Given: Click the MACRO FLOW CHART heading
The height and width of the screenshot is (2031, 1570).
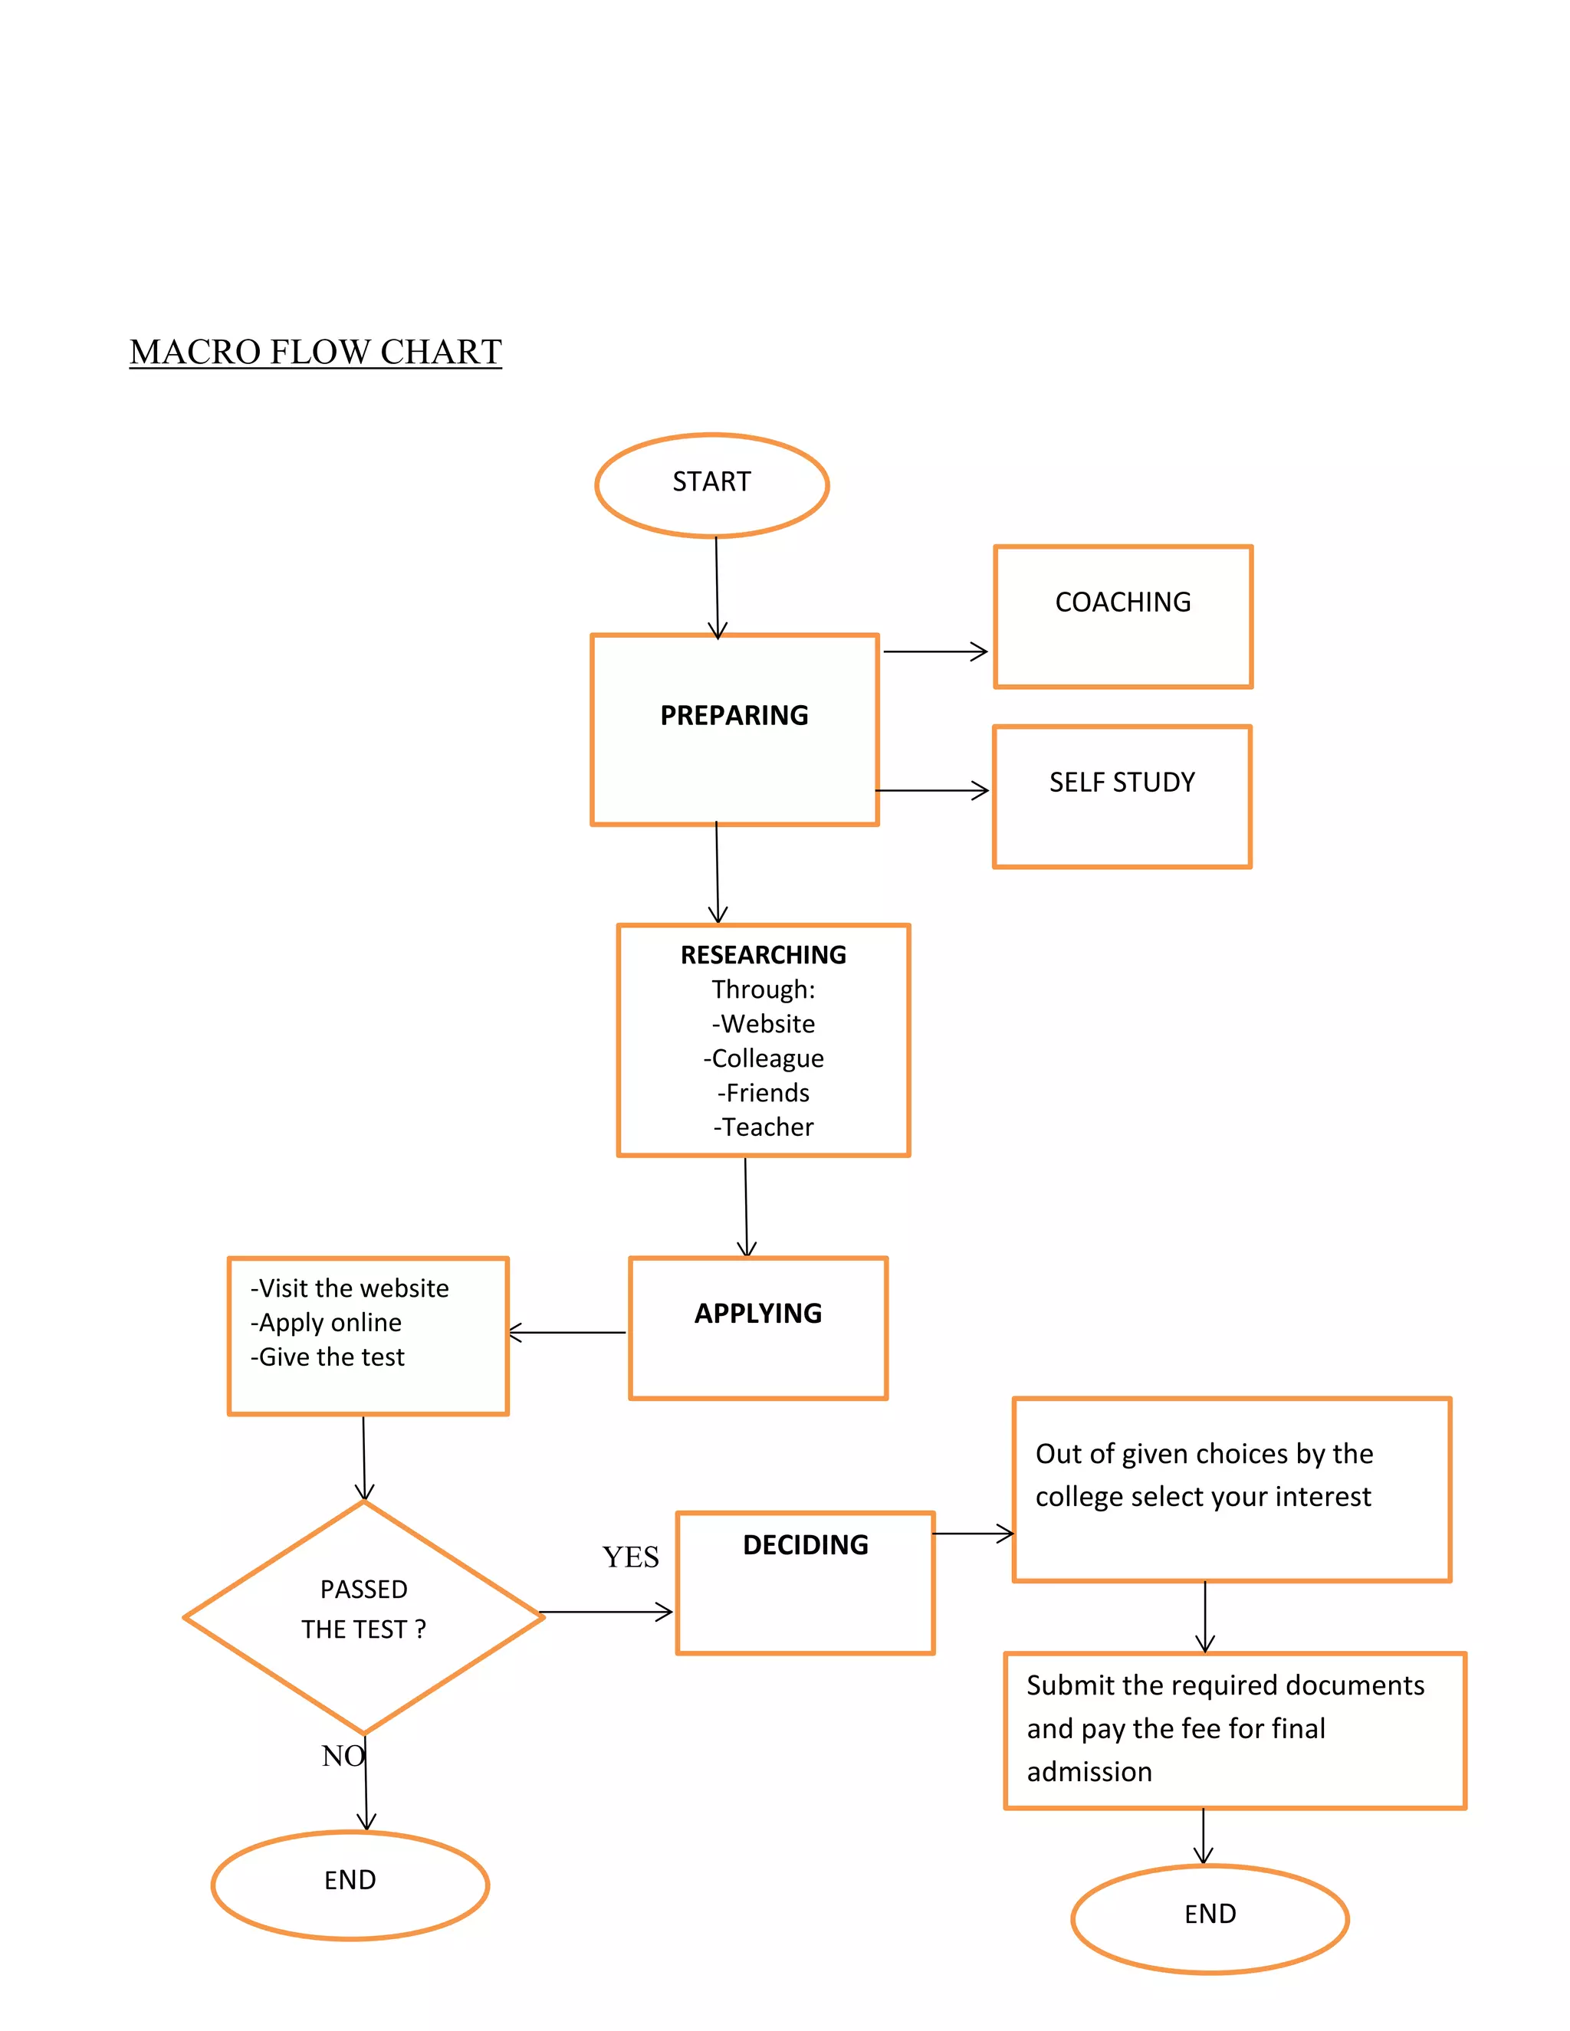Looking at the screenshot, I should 315,352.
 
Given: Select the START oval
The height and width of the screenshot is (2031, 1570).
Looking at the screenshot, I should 711,484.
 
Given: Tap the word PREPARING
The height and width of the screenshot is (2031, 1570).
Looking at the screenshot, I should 734,715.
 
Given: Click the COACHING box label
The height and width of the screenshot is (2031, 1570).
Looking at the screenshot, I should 1122,602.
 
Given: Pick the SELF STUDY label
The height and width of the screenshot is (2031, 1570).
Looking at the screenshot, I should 1122,782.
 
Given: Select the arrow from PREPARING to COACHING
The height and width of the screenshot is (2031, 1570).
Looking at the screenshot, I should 934,652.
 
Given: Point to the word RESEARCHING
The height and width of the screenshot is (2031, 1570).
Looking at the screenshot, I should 763,955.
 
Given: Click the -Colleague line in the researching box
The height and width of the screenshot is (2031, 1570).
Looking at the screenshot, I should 764,1058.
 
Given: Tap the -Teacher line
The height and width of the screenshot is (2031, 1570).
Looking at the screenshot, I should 764,1127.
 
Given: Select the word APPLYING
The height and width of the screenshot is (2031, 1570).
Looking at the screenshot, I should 758,1313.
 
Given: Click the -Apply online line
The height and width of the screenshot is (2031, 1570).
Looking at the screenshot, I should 327,1322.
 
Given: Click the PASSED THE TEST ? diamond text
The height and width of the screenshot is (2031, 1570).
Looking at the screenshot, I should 363,1609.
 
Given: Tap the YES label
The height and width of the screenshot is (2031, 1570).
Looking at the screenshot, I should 631,1557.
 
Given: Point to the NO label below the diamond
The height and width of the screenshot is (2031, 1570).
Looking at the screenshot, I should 342,1756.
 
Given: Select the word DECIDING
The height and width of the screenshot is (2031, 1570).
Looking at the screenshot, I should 806,1544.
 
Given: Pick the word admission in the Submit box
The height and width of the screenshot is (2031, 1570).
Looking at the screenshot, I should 1089,1771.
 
